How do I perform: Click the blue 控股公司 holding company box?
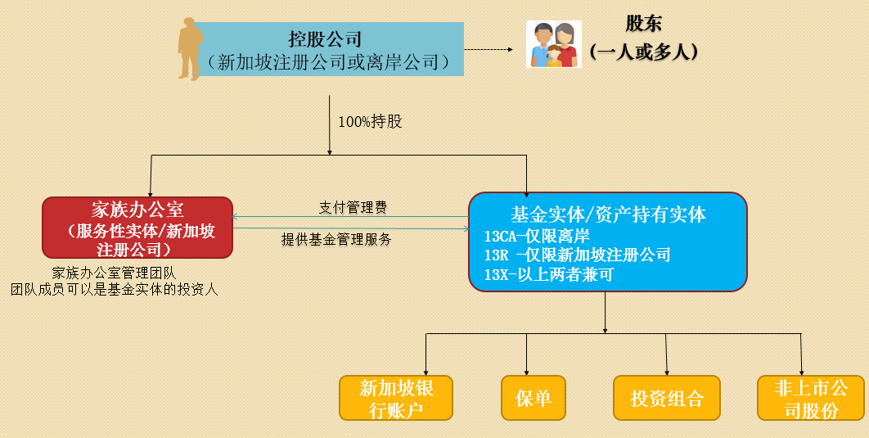pyautogui.click(x=327, y=50)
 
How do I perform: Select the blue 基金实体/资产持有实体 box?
pyautogui.click(x=607, y=242)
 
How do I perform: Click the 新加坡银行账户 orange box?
pyautogui.click(x=397, y=398)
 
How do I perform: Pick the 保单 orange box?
pyautogui.click(x=534, y=398)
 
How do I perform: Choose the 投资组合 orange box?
pyautogui.click(x=666, y=398)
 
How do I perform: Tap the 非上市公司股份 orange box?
pyautogui.click(x=811, y=398)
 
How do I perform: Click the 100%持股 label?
pyautogui.click(x=370, y=122)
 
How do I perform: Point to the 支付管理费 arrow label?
pyautogui.click(x=353, y=208)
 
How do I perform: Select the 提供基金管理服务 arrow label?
pyautogui.click(x=336, y=240)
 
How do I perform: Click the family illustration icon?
pyautogui.click(x=554, y=44)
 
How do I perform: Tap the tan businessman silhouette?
pyautogui.click(x=191, y=49)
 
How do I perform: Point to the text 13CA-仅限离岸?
pyautogui.click(x=537, y=237)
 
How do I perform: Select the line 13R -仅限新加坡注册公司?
pyautogui.click(x=577, y=255)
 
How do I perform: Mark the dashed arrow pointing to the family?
pyautogui.click(x=489, y=50)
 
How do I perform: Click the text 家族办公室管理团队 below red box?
pyautogui.click(x=114, y=273)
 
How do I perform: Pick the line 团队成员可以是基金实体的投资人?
pyautogui.click(x=114, y=289)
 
